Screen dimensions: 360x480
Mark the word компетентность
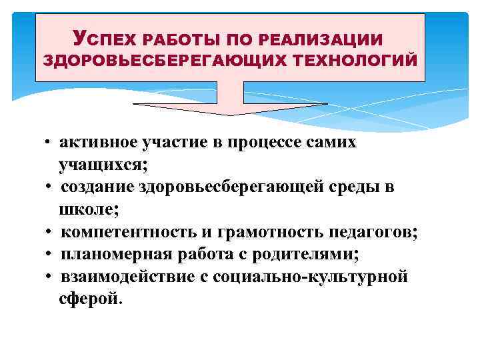click(128, 232)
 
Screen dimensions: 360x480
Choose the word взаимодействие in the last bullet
click(125, 277)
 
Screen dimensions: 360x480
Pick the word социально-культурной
click(311, 277)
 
